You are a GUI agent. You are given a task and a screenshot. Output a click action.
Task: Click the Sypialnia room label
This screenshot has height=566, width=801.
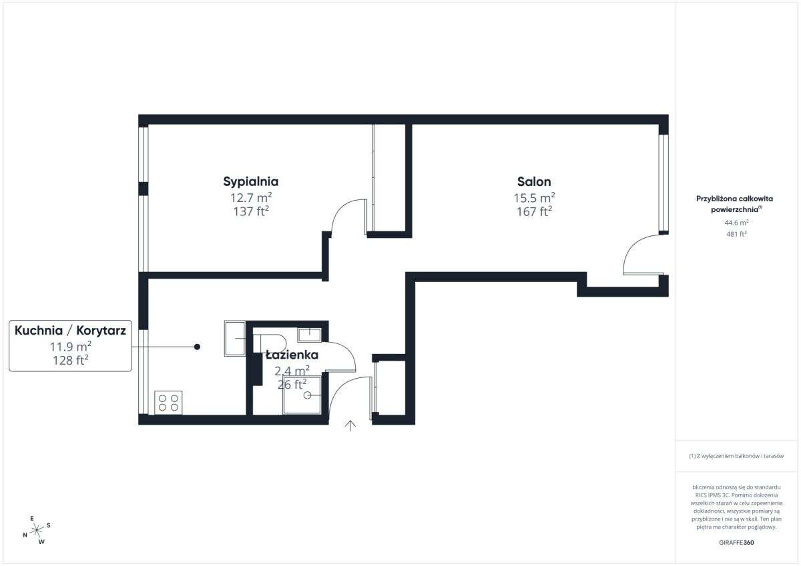tap(250, 181)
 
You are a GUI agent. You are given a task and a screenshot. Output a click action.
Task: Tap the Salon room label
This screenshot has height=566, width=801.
tap(534, 181)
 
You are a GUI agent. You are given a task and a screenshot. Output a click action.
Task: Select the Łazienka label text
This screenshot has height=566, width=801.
tap(292, 355)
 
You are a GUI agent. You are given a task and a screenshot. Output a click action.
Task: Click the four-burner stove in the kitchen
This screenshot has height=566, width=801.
tap(168, 402)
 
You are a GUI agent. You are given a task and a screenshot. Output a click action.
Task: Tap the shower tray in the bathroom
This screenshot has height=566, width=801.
tap(302, 395)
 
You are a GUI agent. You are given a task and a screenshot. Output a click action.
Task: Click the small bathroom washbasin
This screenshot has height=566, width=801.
tap(309, 334)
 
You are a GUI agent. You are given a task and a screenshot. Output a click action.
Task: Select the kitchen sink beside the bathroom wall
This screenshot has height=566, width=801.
tap(235, 338)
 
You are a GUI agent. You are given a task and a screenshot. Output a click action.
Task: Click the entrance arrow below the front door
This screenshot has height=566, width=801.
tap(350, 426)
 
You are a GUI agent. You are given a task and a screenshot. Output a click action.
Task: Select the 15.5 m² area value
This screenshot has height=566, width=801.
tap(534, 198)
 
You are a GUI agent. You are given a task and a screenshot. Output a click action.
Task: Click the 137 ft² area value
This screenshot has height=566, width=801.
tap(250, 212)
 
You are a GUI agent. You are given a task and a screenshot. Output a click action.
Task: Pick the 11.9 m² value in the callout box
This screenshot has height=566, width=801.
tap(70, 346)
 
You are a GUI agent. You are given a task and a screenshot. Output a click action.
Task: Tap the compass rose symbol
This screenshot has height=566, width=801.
tap(37, 529)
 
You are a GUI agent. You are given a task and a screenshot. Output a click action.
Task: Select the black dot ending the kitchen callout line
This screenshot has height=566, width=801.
tap(197, 347)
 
